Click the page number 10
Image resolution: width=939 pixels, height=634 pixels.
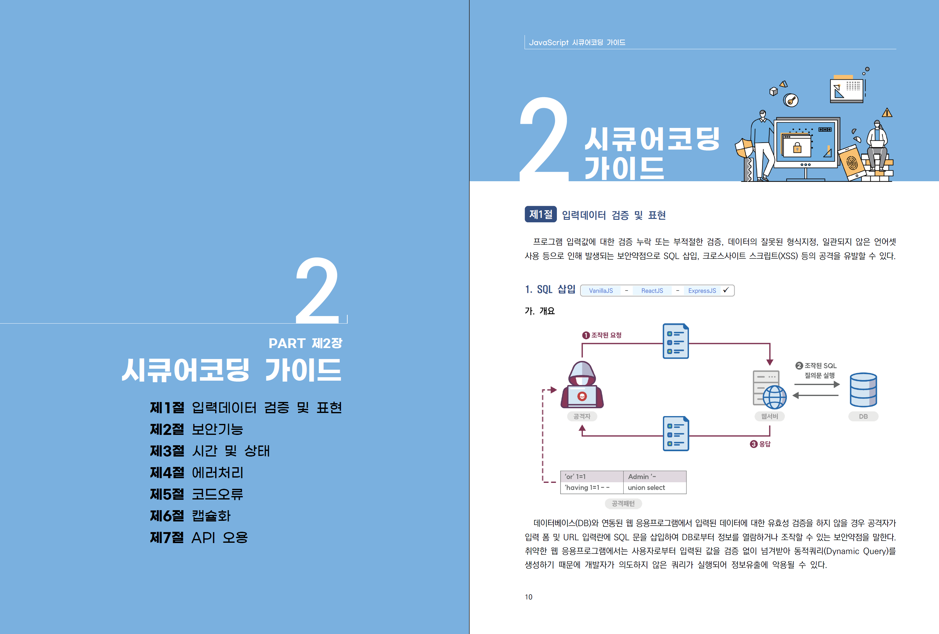pos(529,597)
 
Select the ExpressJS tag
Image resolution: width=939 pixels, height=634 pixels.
pos(702,291)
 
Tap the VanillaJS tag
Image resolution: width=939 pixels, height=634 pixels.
pos(601,291)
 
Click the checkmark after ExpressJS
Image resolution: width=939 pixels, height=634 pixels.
pos(726,290)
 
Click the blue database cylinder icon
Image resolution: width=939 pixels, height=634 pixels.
pos(863,390)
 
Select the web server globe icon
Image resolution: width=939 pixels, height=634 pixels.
pos(774,397)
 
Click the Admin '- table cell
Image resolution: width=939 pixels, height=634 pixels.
pos(654,477)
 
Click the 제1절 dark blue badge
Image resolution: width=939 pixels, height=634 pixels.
pos(541,214)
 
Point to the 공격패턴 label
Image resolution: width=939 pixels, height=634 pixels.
pos(623,504)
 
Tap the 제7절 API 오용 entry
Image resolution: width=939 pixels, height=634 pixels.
pos(199,537)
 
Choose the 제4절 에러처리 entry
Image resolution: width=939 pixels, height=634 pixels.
pos(197,473)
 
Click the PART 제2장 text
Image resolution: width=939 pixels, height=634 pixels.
pos(306,343)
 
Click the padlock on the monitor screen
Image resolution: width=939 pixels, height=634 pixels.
pos(797,147)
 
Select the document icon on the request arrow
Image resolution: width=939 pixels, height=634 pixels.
pos(675,341)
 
